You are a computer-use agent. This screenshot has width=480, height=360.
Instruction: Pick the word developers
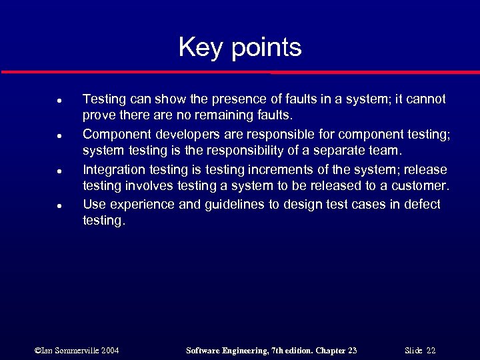(x=177, y=135)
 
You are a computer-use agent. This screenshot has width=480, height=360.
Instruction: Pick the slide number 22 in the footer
(x=431, y=350)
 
